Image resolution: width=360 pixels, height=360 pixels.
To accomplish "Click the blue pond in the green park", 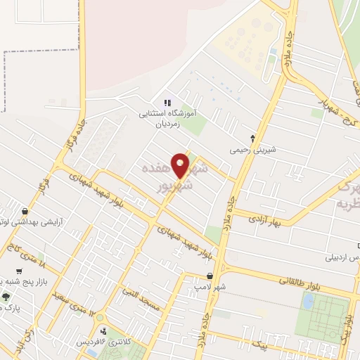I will [308, 301].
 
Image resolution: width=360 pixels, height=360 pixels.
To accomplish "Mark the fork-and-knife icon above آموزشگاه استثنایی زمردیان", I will [167, 103].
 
